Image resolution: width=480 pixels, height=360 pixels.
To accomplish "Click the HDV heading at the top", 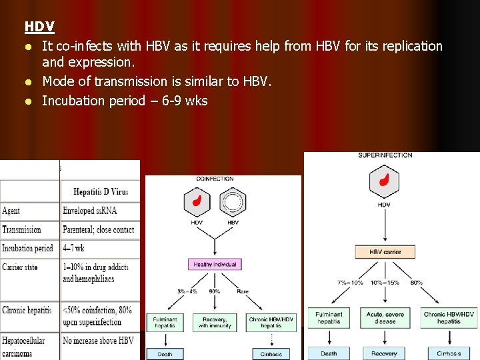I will (39, 27).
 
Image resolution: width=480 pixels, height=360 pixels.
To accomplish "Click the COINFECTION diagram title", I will (215, 179).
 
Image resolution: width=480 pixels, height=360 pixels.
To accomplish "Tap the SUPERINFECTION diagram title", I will (385, 155).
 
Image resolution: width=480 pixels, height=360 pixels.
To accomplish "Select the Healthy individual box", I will (215, 265).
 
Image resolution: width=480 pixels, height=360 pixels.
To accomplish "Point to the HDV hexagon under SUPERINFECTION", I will (384, 181).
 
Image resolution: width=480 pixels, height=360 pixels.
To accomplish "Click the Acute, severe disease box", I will (385, 318).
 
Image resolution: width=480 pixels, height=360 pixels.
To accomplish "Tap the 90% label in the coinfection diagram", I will (215, 291).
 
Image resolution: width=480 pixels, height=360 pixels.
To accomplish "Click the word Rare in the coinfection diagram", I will (243, 291).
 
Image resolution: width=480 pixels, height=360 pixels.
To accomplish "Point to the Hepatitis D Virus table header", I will (101, 191).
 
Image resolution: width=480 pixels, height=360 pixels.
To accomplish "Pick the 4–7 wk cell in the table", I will (74, 249).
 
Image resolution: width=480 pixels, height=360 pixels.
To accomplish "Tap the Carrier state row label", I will (20, 267).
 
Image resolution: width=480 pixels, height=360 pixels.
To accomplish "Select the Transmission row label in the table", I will (21, 229).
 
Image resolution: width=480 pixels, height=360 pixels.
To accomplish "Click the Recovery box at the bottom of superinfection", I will (384, 353).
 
